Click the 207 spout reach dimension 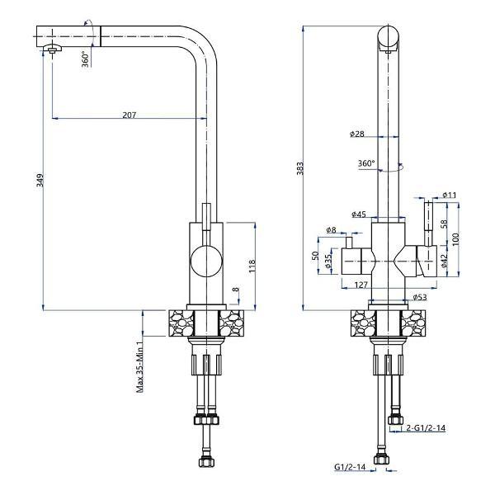[x=130, y=115]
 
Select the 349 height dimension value [x=40, y=180]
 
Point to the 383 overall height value [x=300, y=168]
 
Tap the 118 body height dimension [x=252, y=266]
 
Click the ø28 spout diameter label [x=356, y=134]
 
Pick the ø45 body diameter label [x=359, y=214]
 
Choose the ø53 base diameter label [x=420, y=297]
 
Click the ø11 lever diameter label [x=450, y=195]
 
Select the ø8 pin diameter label [x=331, y=230]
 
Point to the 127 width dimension [x=361, y=285]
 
